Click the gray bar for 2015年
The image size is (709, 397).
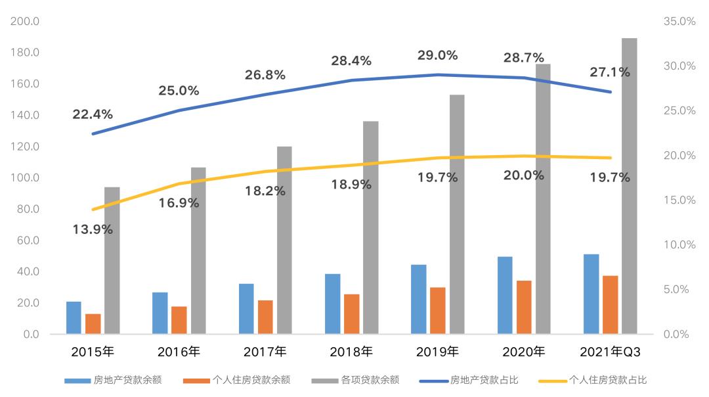click(x=112, y=260)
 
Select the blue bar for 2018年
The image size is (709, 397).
click(x=332, y=304)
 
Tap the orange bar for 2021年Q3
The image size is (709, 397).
click(x=611, y=305)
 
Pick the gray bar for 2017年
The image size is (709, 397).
click(x=284, y=240)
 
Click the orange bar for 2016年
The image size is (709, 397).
click(x=179, y=320)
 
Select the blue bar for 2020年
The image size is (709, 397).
click(x=505, y=295)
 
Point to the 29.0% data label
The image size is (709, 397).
click(x=437, y=55)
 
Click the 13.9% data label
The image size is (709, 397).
click(x=93, y=229)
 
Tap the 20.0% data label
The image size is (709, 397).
click(x=524, y=175)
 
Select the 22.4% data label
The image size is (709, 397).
click(x=93, y=114)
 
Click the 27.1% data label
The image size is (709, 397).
click(x=610, y=72)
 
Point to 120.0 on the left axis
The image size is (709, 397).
click(x=25, y=147)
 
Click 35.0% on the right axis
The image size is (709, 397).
click(x=679, y=21)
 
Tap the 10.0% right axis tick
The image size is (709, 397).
click(x=679, y=245)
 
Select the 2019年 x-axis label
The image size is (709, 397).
click(x=437, y=352)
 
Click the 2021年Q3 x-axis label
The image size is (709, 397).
click(x=610, y=352)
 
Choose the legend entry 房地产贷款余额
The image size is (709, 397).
click(x=113, y=381)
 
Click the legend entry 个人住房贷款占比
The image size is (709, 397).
click(x=593, y=381)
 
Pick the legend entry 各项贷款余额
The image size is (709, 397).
click(x=355, y=381)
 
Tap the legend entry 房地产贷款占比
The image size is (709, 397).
click(x=469, y=381)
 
